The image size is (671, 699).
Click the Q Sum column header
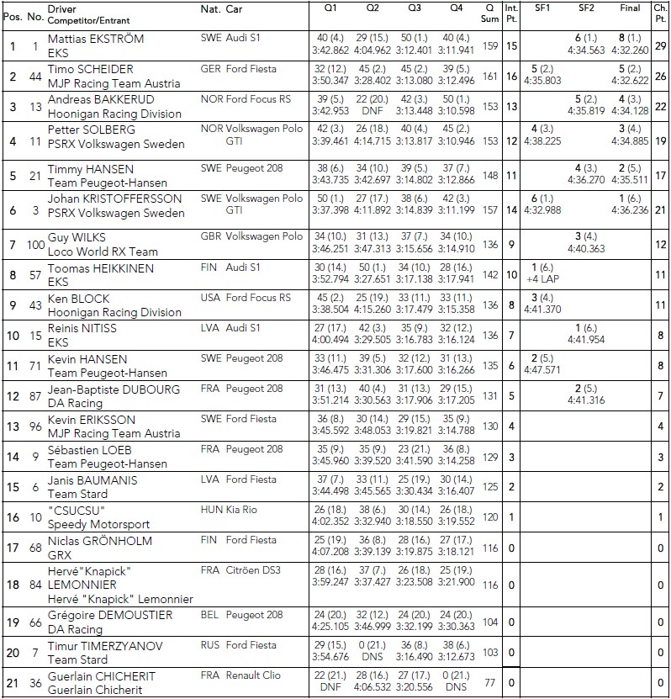[490, 13]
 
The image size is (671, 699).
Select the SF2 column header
[586, 8]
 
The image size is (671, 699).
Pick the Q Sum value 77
[490, 682]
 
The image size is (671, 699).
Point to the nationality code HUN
[212, 510]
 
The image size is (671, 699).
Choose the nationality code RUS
[211, 645]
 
